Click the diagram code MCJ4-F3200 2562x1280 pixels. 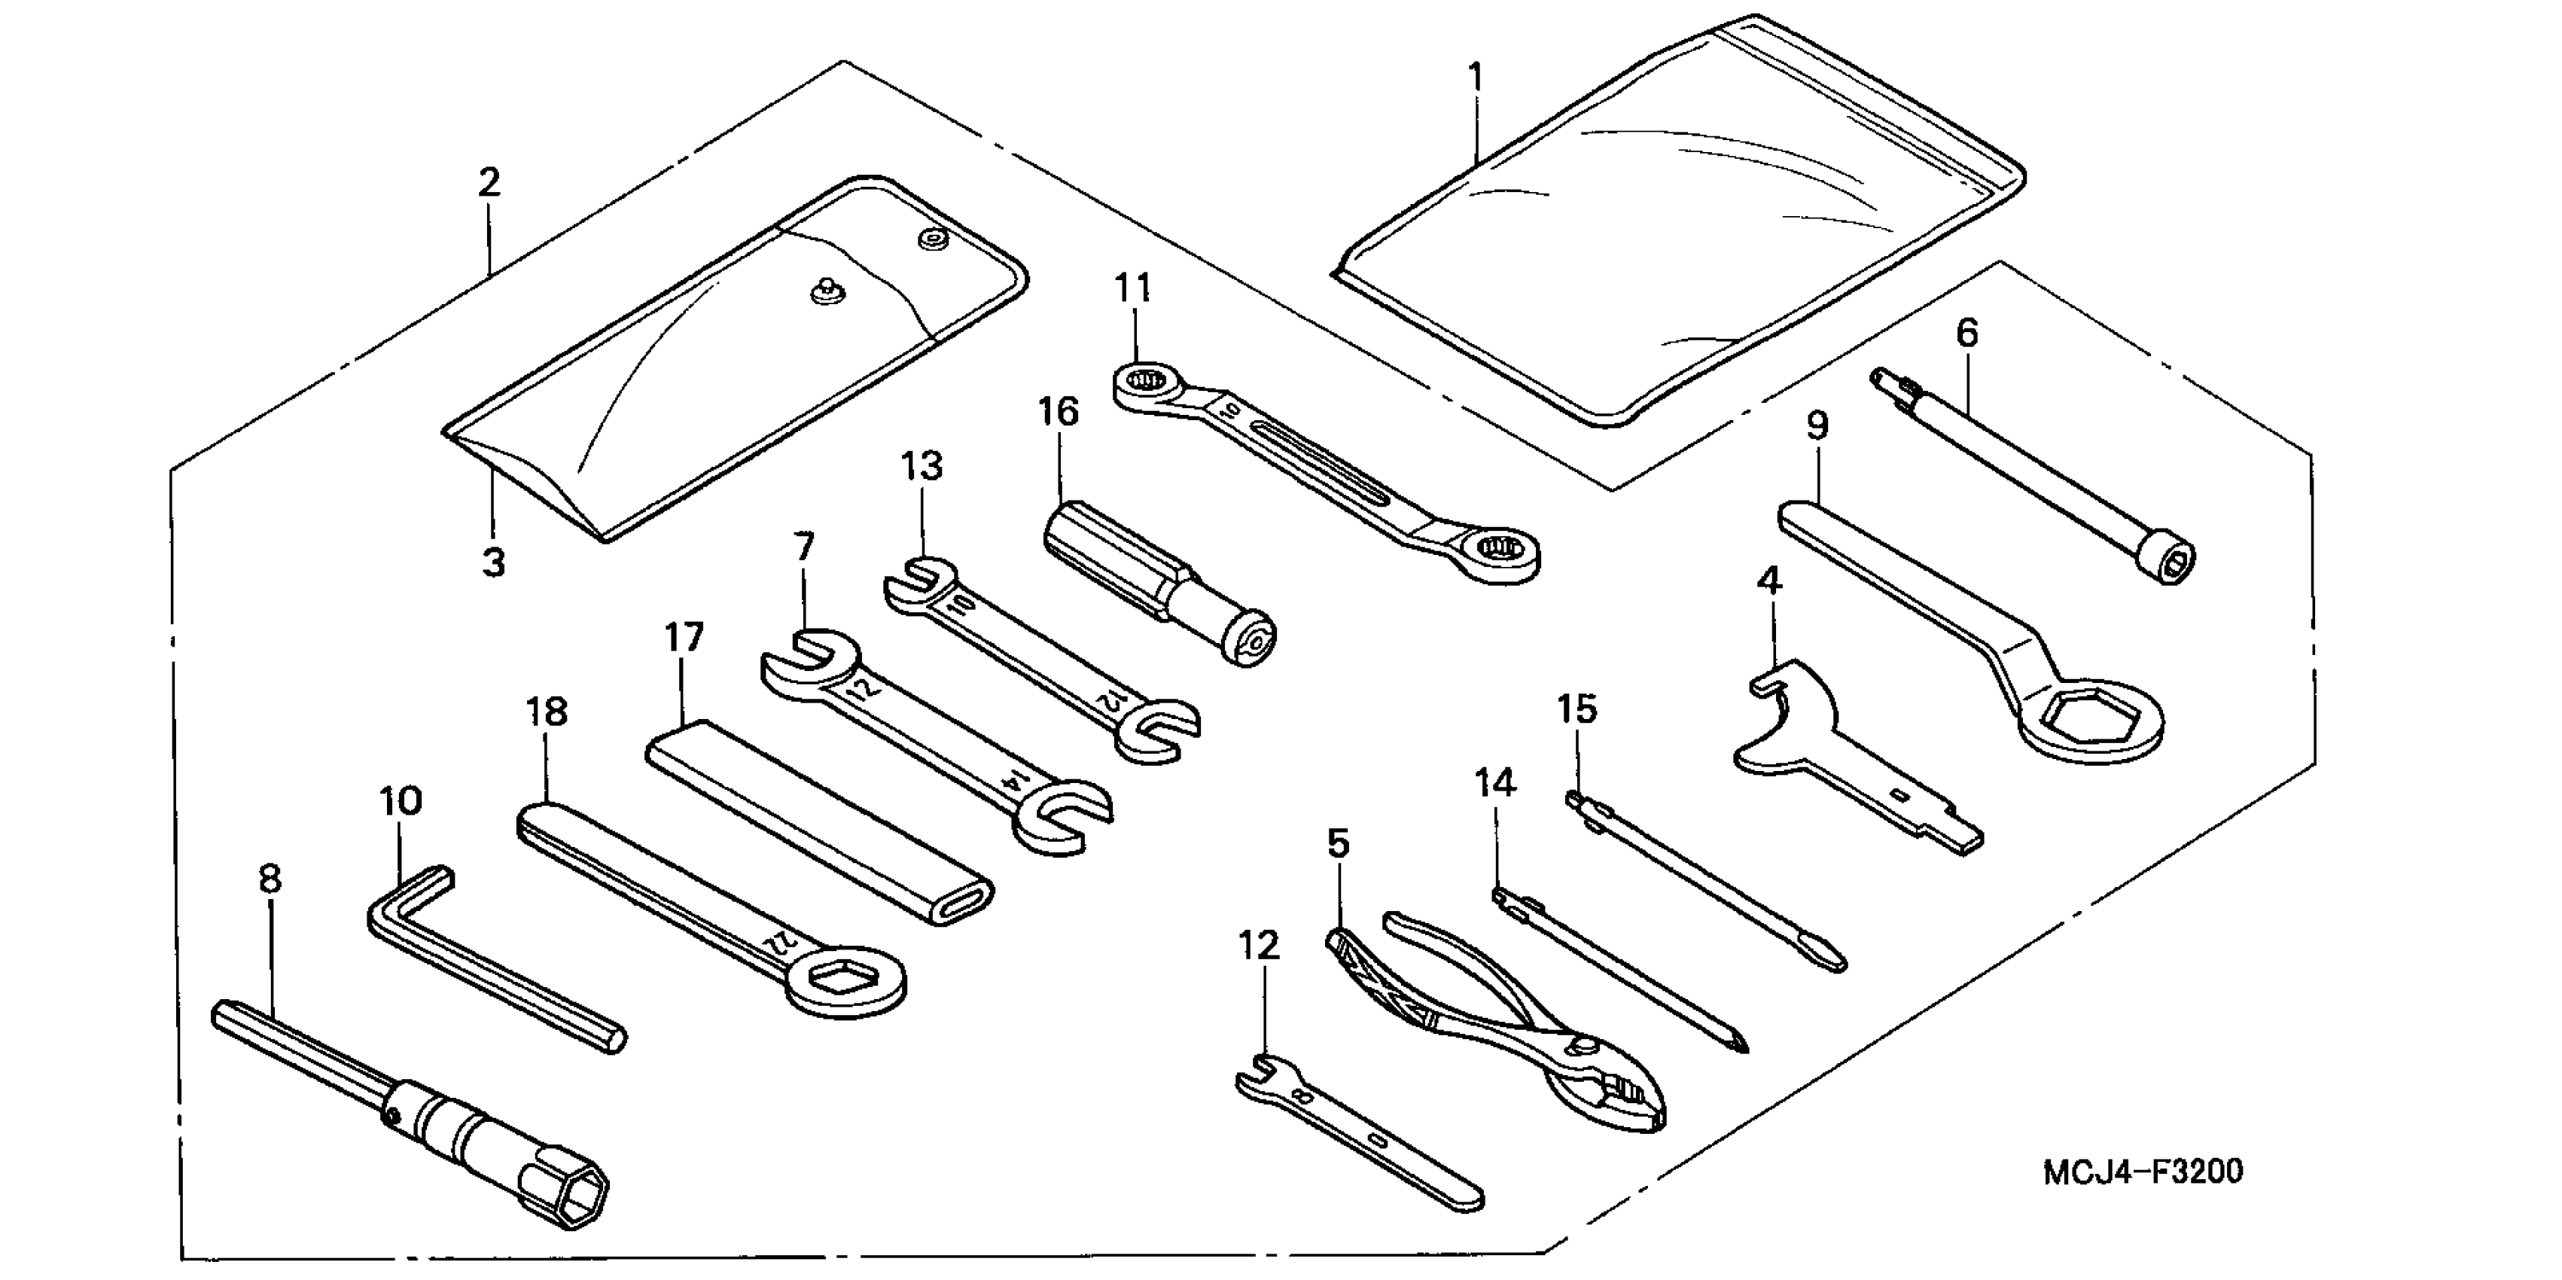[2143, 1172]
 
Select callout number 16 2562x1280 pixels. [1059, 411]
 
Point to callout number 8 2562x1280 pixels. [270, 879]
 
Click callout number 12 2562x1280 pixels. [1259, 946]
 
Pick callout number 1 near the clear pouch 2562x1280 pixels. [1476, 77]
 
